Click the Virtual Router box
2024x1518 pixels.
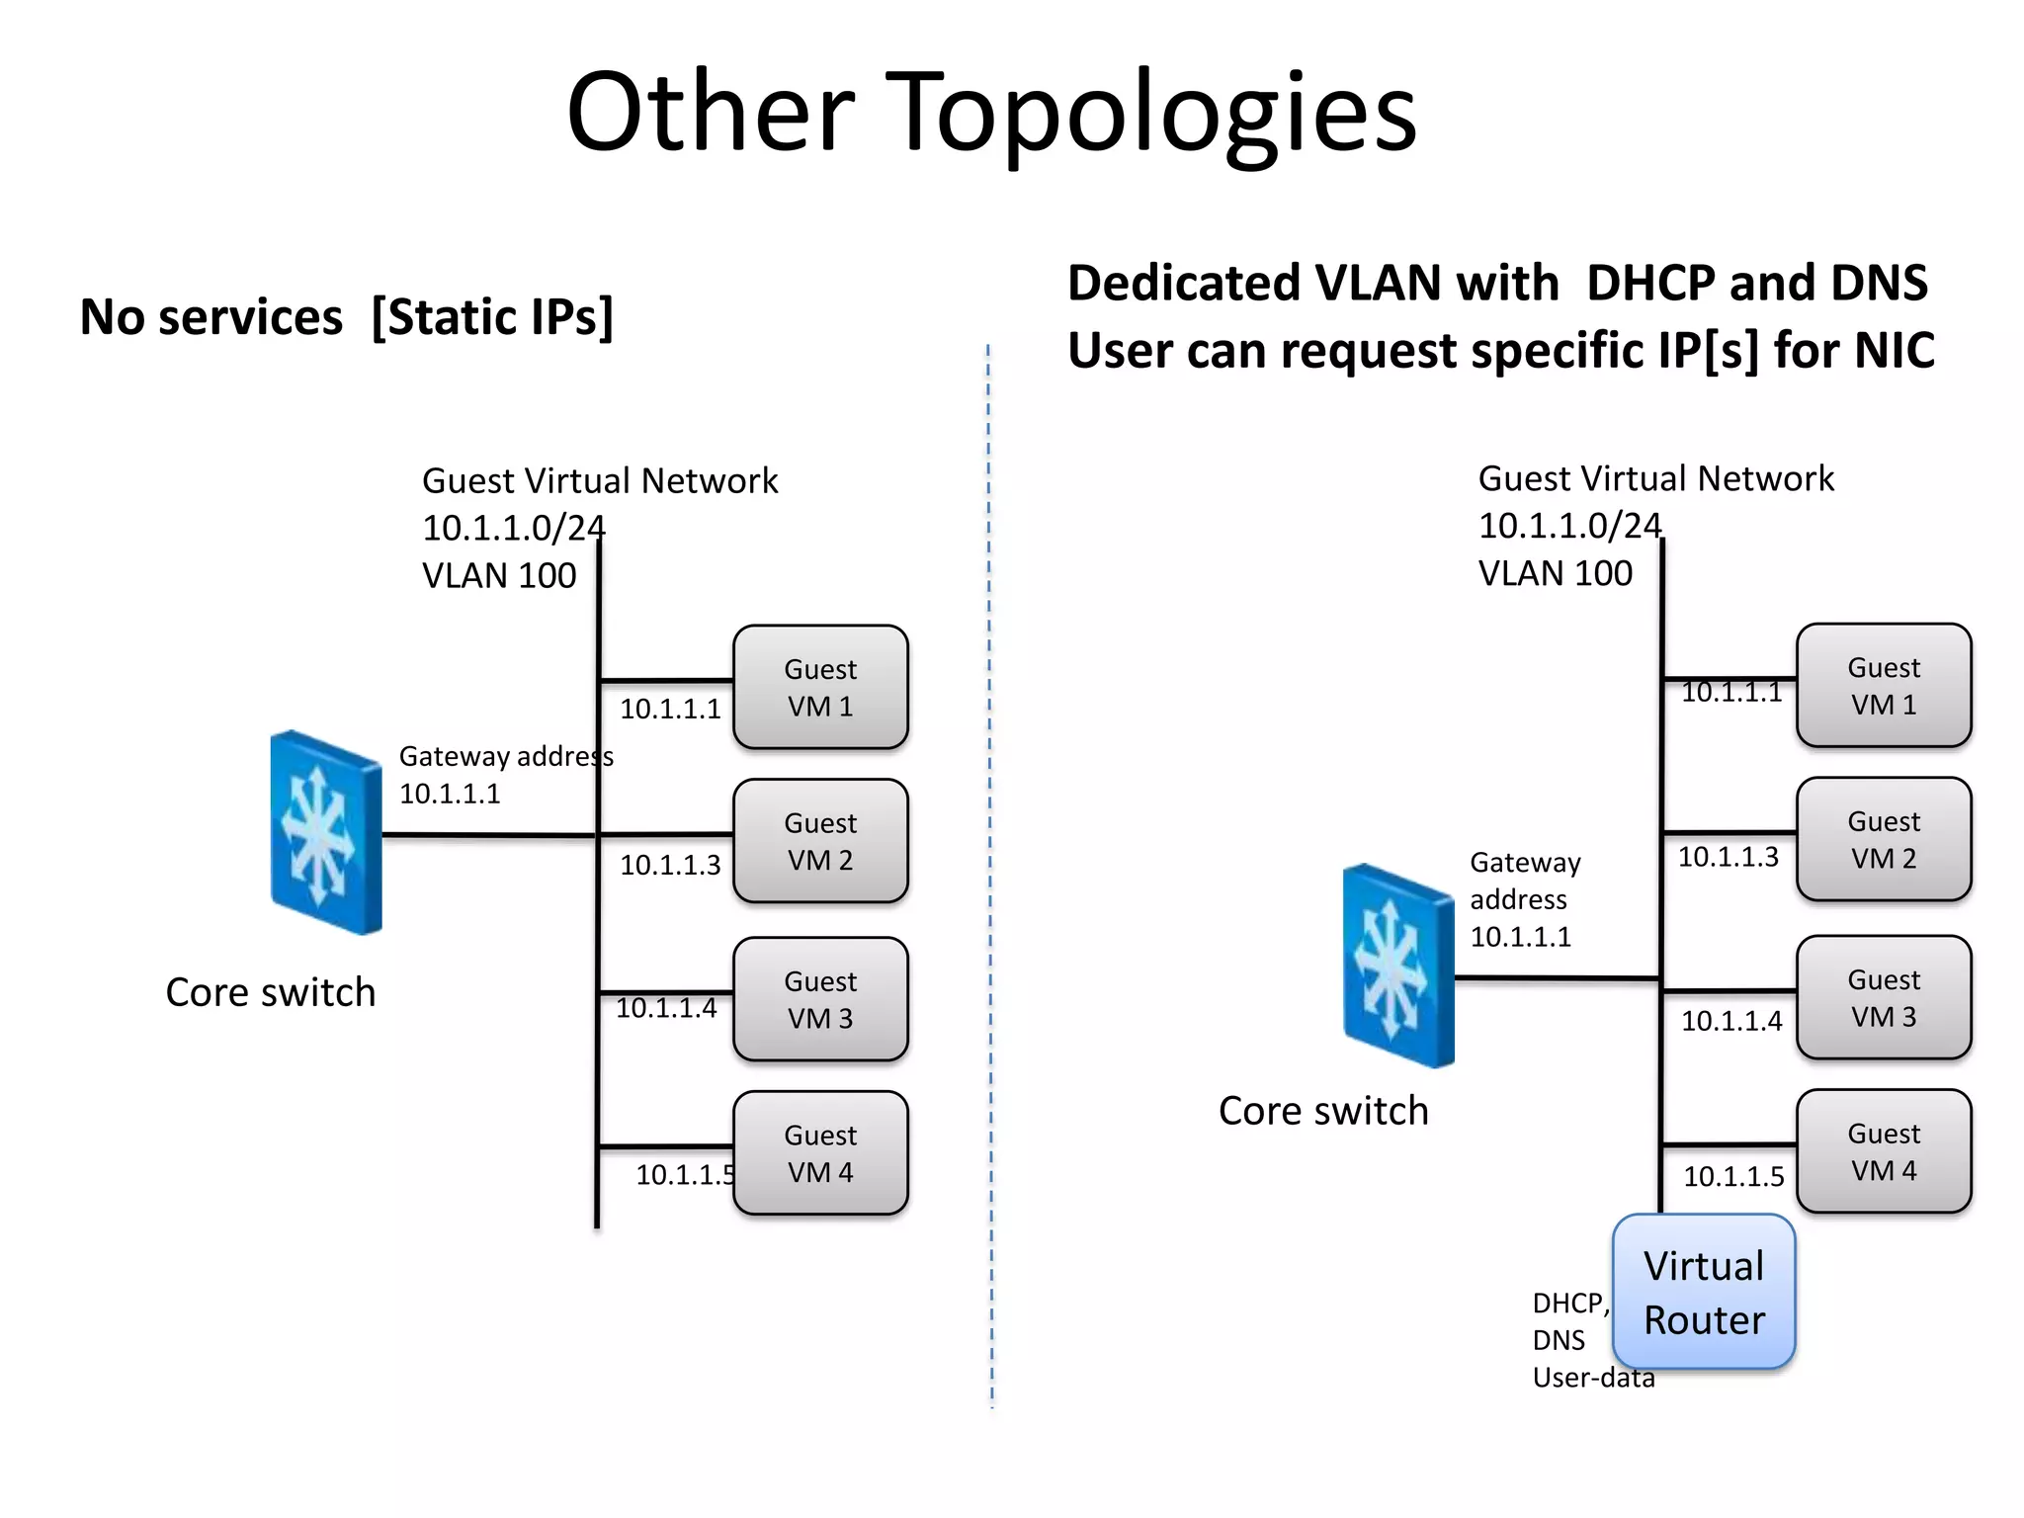point(1703,1292)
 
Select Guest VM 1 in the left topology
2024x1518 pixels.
point(820,687)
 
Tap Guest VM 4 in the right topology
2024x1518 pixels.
point(1883,1151)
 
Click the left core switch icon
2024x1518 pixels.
point(325,832)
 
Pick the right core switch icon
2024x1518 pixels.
point(1397,966)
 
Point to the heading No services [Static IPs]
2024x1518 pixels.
point(346,317)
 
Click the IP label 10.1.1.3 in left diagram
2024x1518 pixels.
point(670,865)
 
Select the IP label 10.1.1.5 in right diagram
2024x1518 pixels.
point(1733,1176)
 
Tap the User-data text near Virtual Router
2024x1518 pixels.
point(1592,1378)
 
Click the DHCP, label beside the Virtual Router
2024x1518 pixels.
point(1570,1304)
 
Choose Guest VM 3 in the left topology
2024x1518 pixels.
point(820,999)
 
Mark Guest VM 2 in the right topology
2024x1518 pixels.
point(1883,839)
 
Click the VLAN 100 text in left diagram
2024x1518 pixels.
point(498,575)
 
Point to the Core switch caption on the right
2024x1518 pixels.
point(1322,1111)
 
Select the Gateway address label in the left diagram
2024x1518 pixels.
point(505,756)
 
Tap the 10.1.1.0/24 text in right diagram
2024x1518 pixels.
point(1568,526)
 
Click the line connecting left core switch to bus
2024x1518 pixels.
point(489,835)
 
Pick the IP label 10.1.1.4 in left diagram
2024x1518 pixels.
point(666,1008)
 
